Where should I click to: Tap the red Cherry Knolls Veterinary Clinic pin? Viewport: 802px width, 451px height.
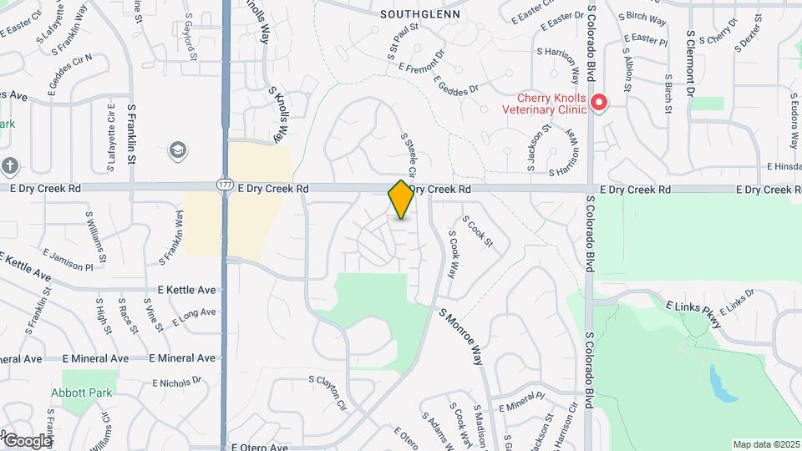(599, 103)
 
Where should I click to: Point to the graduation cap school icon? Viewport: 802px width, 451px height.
(177, 149)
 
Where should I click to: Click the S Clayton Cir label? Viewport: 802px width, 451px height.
(327, 393)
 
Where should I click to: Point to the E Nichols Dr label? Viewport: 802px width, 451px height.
(177, 383)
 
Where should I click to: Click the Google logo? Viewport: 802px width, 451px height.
(27, 440)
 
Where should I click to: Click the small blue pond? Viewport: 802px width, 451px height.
(718, 382)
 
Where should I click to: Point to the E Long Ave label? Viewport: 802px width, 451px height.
(193, 317)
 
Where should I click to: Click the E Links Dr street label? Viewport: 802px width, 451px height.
(736, 303)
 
